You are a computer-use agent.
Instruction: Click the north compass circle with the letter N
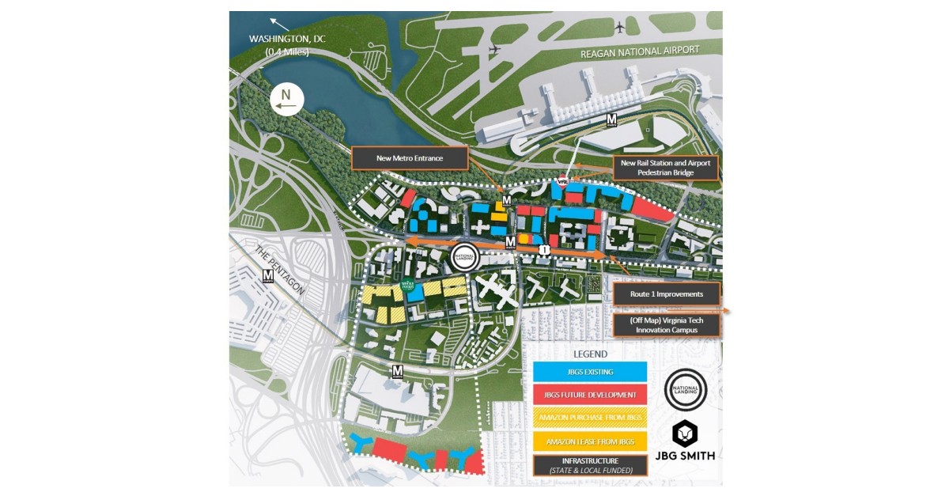(x=287, y=99)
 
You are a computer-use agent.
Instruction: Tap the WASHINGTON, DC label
(x=287, y=38)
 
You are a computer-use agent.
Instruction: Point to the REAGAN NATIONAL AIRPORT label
(x=640, y=51)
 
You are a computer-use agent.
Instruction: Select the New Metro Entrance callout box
(x=410, y=158)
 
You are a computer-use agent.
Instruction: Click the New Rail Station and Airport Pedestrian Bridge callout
(x=667, y=168)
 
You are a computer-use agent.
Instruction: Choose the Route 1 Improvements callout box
(x=667, y=293)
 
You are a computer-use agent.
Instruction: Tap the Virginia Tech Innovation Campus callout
(x=667, y=324)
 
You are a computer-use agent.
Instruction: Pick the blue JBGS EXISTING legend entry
(x=589, y=372)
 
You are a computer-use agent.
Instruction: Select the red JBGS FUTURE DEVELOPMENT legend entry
(x=589, y=394)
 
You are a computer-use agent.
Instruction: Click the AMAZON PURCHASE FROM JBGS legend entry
(x=589, y=418)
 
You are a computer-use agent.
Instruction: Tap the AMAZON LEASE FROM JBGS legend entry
(x=589, y=441)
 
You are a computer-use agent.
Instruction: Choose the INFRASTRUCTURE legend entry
(x=589, y=465)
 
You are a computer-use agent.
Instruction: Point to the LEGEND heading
(x=590, y=354)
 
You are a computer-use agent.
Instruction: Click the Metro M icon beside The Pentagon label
(x=267, y=276)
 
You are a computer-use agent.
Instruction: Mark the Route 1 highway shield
(x=544, y=250)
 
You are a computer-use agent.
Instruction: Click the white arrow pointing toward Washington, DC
(x=276, y=22)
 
